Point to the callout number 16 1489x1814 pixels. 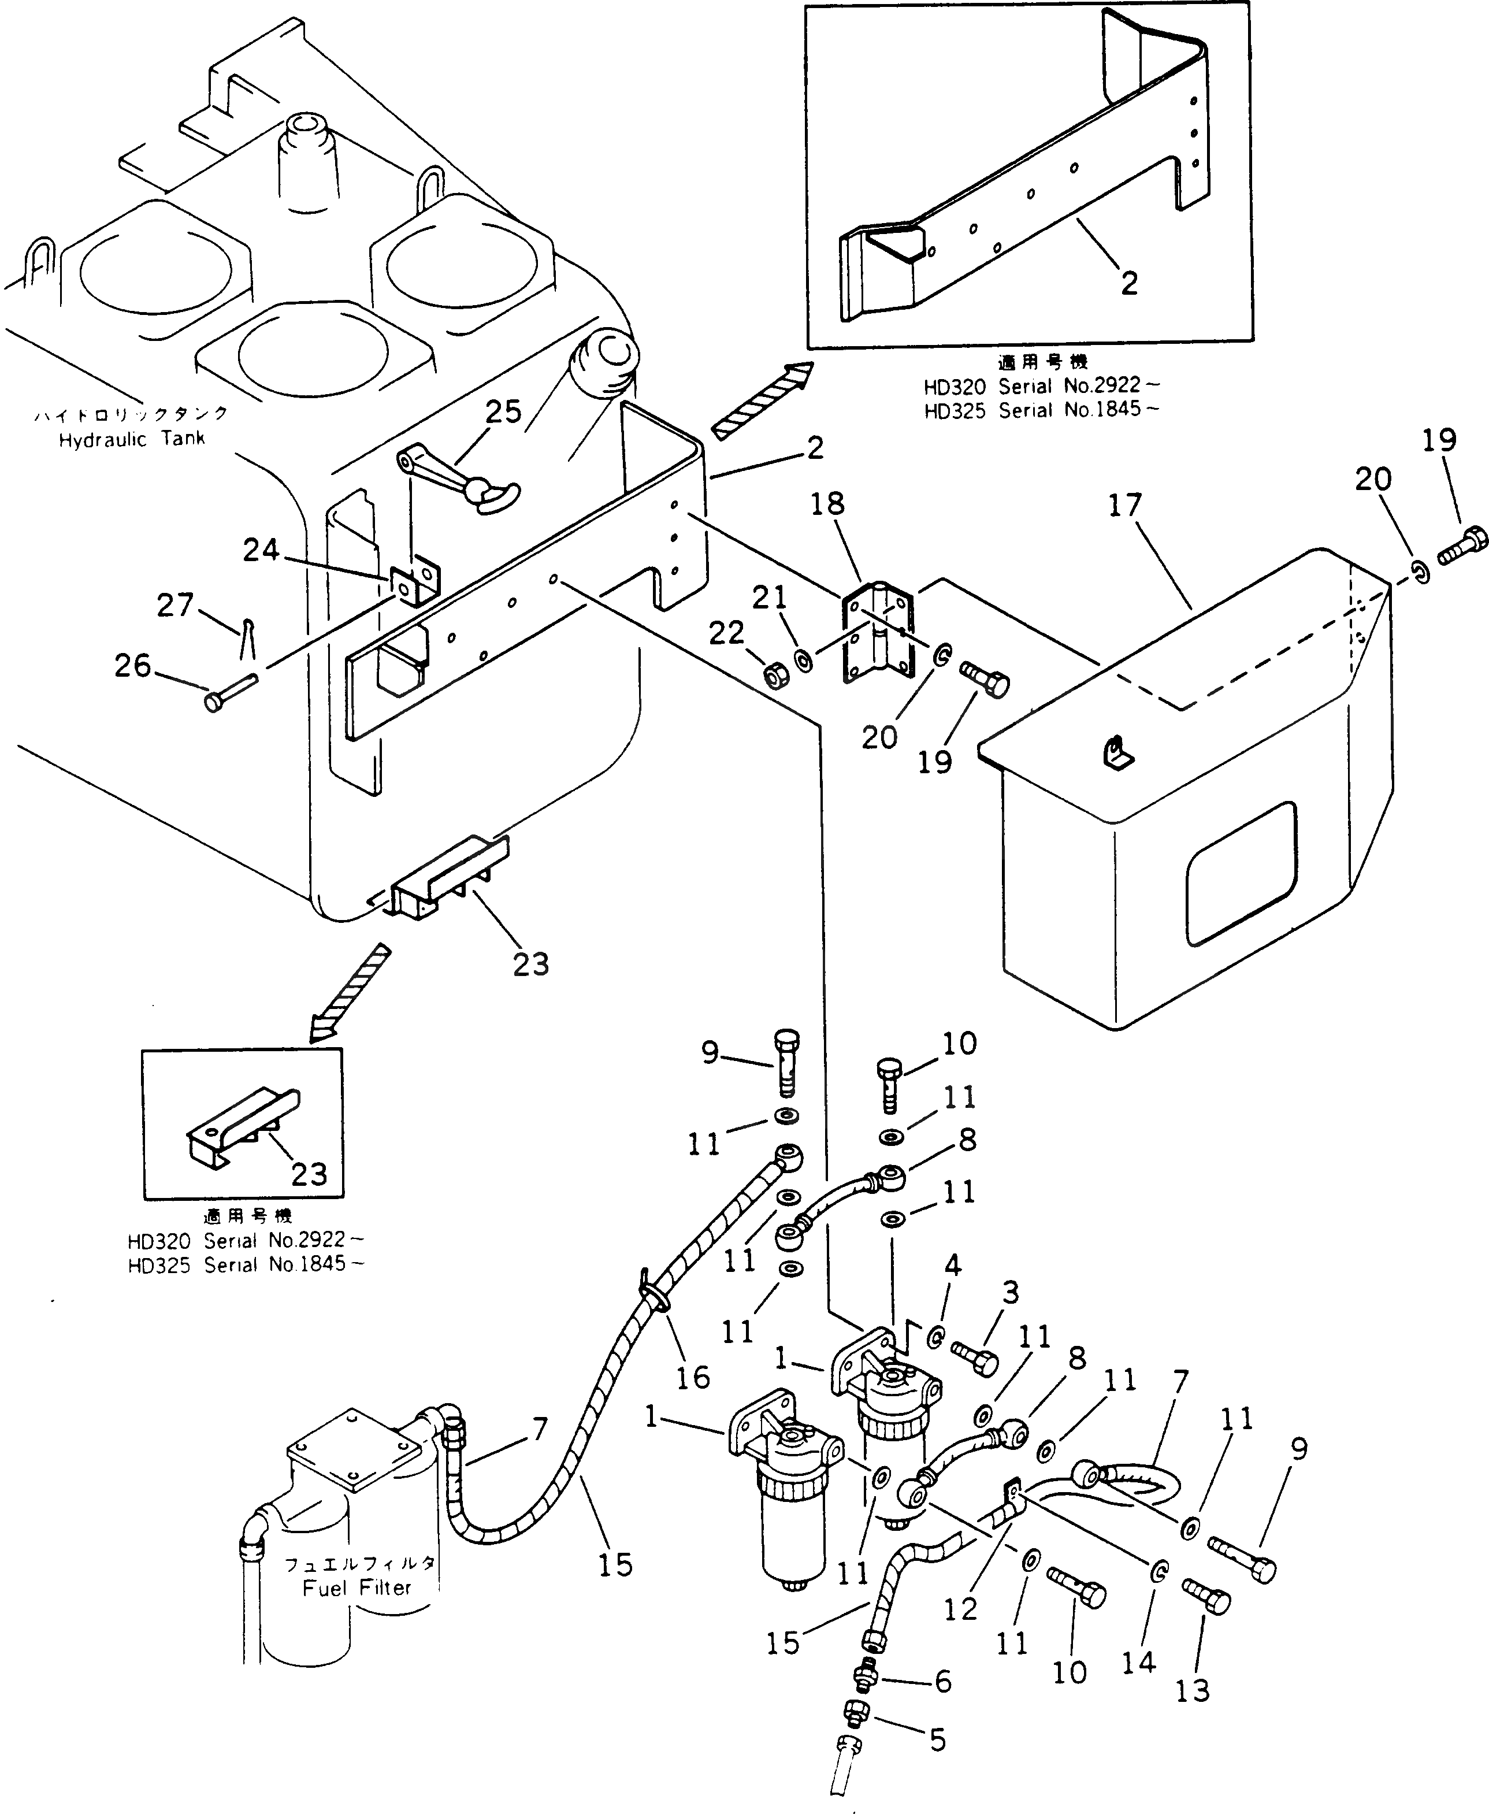[693, 1378]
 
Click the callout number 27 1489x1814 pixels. [176, 606]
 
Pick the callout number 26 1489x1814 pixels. [133, 666]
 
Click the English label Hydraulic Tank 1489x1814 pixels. [132, 440]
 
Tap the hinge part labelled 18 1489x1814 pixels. [874, 631]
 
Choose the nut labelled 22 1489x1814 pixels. [775, 677]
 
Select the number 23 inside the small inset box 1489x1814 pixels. [309, 1174]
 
